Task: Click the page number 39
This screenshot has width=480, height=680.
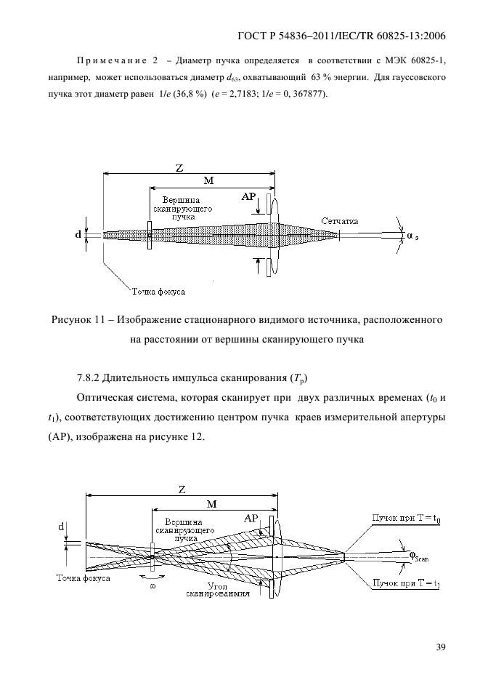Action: [441, 648]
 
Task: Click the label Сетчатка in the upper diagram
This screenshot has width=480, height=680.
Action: [340, 221]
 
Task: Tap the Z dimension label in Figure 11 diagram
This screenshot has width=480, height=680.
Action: [179, 169]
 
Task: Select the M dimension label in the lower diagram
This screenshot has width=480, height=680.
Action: [211, 504]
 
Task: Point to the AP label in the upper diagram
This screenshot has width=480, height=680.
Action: [248, 197]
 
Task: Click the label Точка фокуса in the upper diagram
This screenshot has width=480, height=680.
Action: [158, 292]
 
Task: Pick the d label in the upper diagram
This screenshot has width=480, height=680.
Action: [78, 235]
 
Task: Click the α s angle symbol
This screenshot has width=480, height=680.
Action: [412, 236]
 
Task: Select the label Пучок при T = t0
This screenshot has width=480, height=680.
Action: [406, 519]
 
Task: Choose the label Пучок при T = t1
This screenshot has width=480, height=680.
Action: [406, 583]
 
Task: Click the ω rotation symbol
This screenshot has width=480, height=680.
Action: [152, 586]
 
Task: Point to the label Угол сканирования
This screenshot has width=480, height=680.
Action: [218, 591]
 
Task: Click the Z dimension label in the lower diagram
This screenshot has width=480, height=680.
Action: [182, 490]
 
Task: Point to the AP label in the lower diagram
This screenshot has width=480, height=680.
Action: [251, 519]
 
